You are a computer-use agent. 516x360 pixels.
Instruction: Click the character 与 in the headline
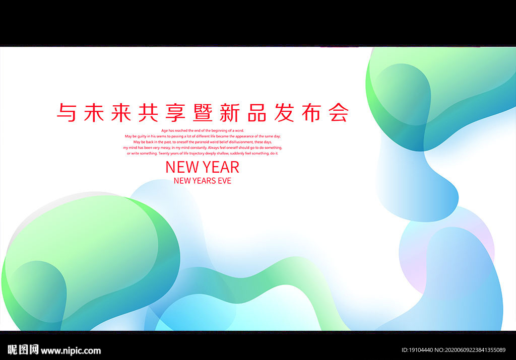67,112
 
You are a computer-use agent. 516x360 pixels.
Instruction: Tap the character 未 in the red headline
94,112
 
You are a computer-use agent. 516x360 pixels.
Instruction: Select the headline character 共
149,112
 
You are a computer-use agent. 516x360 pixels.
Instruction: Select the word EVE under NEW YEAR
224,181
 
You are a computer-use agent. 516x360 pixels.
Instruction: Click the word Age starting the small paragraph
164,130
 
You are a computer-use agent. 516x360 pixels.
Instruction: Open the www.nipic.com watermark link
71,351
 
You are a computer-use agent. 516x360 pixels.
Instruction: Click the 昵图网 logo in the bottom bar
23,350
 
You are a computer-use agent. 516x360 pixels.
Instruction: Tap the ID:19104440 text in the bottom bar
418,350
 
